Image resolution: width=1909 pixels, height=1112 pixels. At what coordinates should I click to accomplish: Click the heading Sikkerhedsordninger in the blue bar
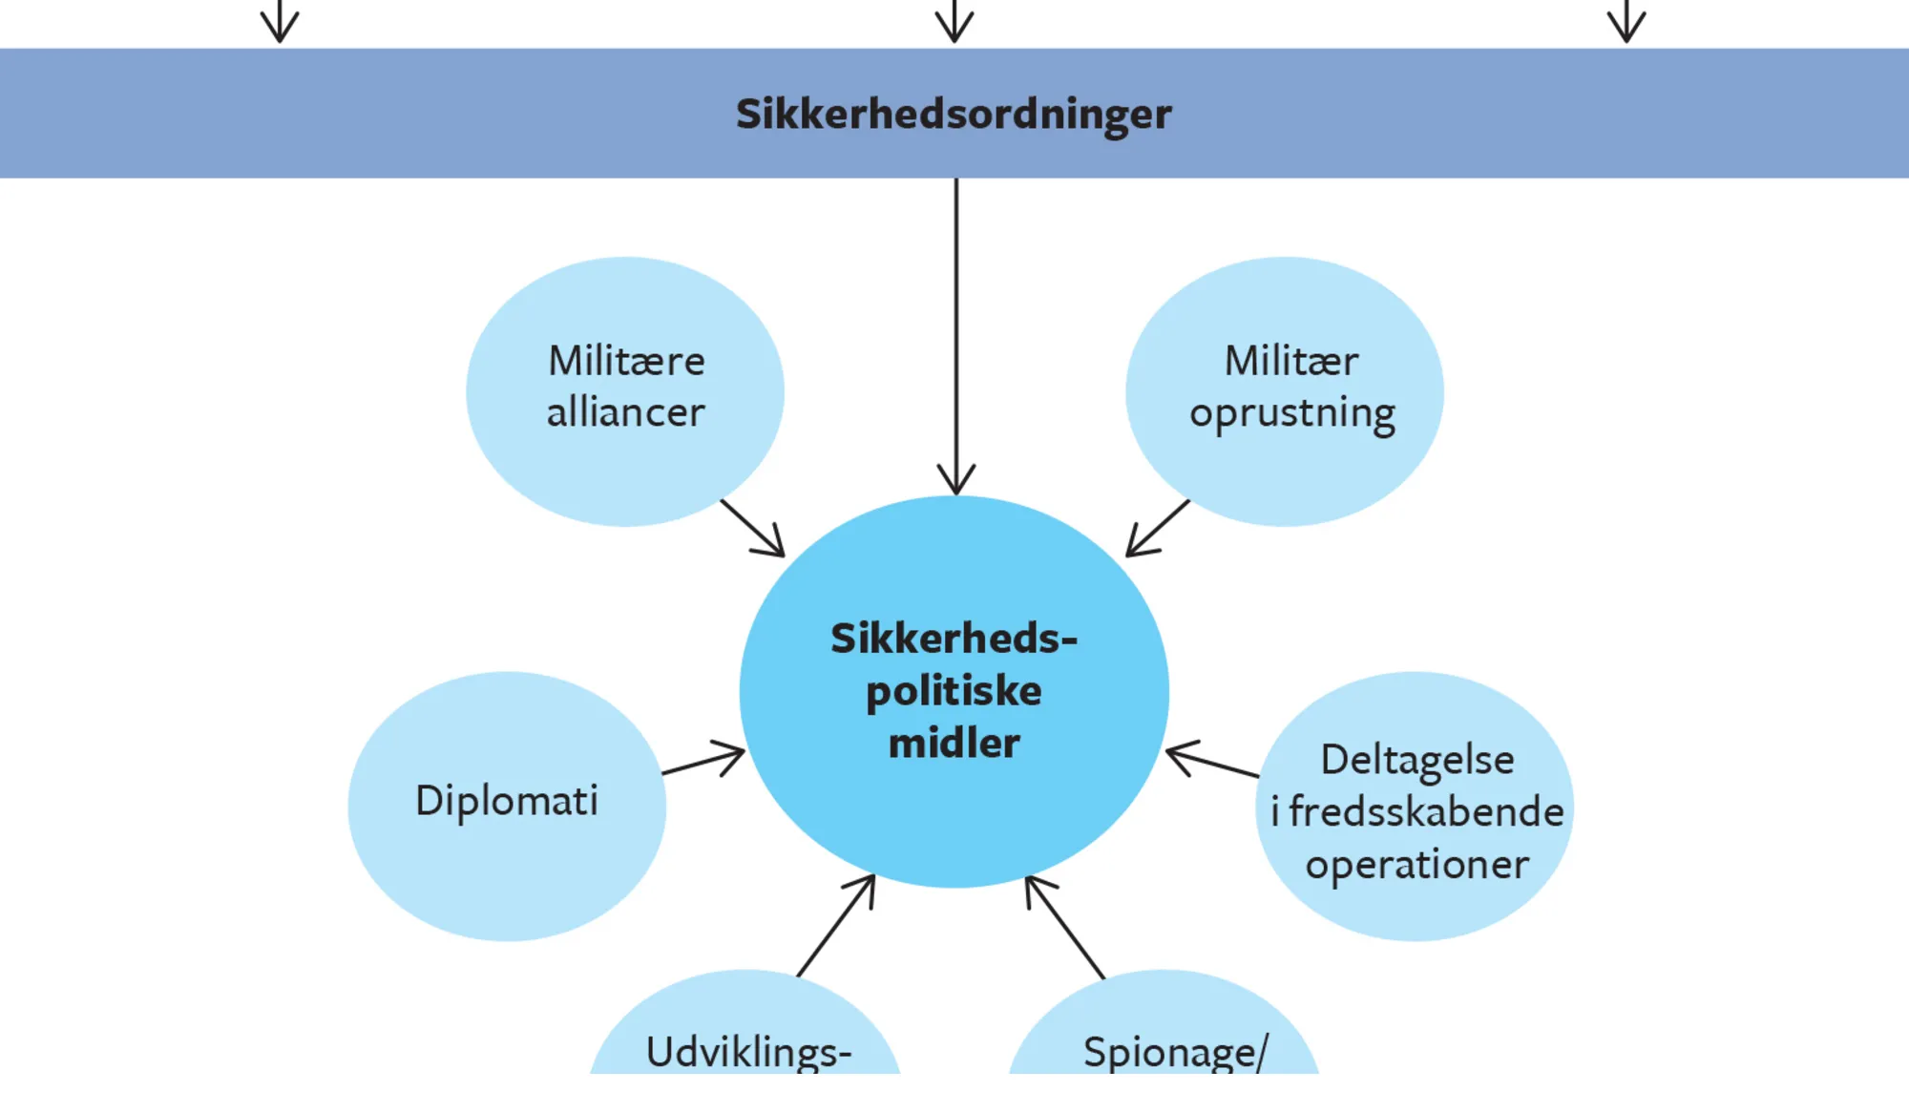tap(954, 115)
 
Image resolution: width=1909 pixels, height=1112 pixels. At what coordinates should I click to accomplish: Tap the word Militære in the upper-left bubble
tap(626, 361)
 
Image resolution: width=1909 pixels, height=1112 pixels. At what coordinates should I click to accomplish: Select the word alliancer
tap(626, 412)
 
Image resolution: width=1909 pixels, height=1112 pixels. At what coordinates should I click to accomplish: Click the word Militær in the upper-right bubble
tap(1290, 361)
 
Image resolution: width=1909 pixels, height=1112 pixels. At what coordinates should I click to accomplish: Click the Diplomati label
tap(507, 801)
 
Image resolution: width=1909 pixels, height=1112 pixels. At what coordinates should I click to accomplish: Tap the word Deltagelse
tap(1417, 761)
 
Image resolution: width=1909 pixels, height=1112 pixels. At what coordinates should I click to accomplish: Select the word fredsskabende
tap(1426, 812)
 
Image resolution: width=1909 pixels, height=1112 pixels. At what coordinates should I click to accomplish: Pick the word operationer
tap(1417, 865)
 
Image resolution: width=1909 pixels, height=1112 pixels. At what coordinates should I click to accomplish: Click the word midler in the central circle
tap(954, 743)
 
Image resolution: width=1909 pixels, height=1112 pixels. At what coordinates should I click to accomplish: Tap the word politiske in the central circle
tap(954, 691)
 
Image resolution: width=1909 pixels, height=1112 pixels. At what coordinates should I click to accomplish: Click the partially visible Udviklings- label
tap(748, 1052)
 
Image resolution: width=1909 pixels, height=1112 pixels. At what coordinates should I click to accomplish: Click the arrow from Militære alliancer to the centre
tap(752, 528)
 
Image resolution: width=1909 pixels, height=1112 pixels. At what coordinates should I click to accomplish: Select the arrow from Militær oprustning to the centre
tap(1158, 528)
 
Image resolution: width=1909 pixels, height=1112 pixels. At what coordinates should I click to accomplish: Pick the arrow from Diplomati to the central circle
tap(703, 761)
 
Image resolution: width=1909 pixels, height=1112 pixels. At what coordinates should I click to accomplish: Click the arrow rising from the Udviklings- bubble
tap(835, 926)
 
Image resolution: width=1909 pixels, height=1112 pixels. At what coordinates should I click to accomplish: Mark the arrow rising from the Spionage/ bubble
tap(1065, 927)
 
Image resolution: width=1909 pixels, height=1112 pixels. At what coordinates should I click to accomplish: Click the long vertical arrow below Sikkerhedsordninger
tap(956, 334)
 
